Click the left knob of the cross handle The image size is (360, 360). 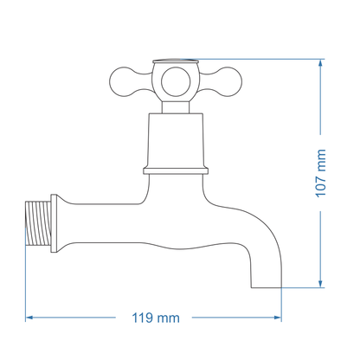point(119,81)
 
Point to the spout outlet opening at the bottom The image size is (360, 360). point(267,286)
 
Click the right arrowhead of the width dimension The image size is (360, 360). point(279,318)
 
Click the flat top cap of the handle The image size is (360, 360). point(175,62)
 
